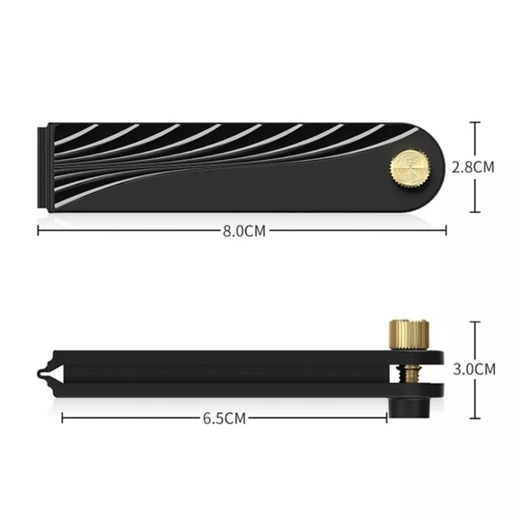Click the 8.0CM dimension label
[244, 231]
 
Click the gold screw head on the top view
[405, 168]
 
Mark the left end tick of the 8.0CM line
[38, 231]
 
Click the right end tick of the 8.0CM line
[446, 231]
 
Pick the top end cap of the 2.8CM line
[474, 123]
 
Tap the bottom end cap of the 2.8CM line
[474, 212]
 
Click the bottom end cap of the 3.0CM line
[474, 419]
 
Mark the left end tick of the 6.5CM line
[62, 419]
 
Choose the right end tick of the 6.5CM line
[385, 419]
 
